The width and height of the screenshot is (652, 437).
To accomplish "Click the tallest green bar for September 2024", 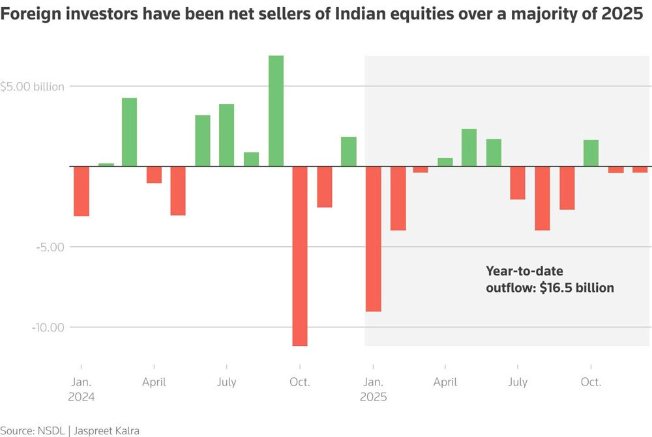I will tap(276, 111).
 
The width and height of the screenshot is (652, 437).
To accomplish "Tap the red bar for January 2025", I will tap(373, 239).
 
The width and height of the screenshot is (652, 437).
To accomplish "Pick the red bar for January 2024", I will tap(81, 191).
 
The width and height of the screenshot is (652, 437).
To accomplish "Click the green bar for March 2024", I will tap(130, 132).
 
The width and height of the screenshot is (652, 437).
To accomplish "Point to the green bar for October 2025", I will tap(591, 153).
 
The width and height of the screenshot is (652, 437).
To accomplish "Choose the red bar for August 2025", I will tap(542, 199).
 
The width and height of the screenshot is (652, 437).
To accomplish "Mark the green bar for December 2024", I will tap(349, 152).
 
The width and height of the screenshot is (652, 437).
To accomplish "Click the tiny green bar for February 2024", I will tap(106, 165).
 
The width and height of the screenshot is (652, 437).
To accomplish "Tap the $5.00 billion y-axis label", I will tap(33, 87).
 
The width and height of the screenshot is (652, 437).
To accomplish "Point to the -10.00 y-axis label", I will tap(48, 327).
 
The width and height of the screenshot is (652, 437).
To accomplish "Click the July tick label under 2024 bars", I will tap(226, 382).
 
